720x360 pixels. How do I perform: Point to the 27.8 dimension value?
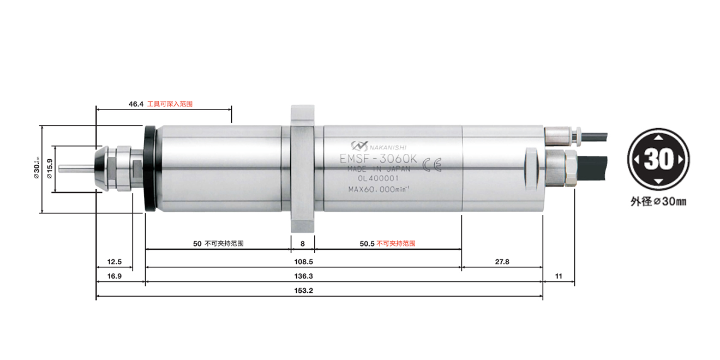click(502, 262)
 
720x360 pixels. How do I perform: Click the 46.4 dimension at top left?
click(136, 103)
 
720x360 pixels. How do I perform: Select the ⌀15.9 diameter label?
click(49, 169)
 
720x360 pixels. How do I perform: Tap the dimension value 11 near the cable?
click(559, 276)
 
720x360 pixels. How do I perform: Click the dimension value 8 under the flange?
click(302, 244)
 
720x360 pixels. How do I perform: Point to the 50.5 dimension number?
click(367, 244)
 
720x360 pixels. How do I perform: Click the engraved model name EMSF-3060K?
click(379, 159)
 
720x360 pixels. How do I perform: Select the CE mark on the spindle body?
click(432, 166)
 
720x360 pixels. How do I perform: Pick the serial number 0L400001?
click(379, 178)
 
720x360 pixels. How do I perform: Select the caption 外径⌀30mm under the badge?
click(658, 202)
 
